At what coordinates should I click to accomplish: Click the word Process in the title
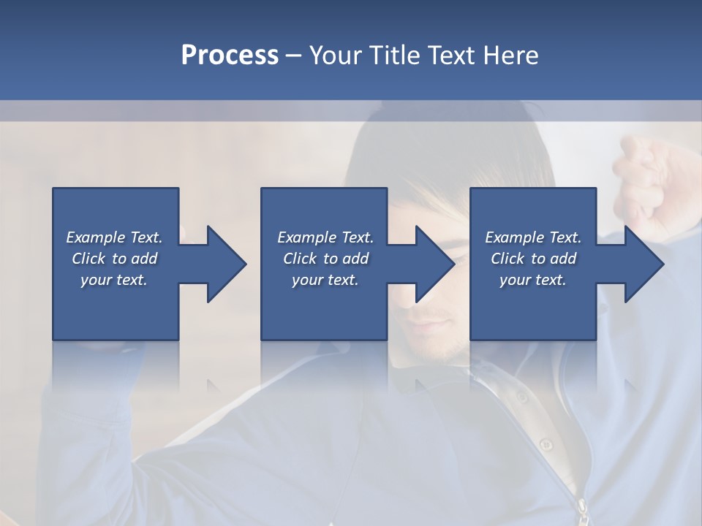230,56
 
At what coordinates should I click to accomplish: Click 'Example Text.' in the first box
114,237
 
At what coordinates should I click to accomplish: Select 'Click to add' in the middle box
325,259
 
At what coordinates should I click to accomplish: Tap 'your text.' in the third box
532,280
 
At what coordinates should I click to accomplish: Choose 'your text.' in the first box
114,280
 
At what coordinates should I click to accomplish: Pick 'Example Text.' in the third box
532,237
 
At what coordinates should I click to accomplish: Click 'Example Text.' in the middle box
325,237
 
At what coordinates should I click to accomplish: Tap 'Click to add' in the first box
114,259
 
